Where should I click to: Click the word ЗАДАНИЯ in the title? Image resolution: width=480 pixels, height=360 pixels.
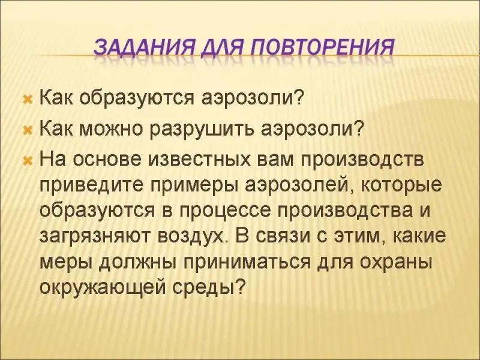(143, 47)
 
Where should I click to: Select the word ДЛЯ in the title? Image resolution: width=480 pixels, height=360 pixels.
(221, 48)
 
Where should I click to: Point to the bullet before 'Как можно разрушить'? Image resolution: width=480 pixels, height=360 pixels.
(28, 131)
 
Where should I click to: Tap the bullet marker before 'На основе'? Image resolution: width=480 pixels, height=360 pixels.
(28, 161)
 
